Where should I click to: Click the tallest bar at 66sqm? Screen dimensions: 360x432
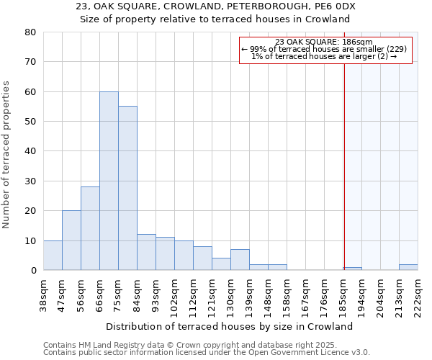[x=109, y=181]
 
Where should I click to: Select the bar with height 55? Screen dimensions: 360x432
[x=127, y=188]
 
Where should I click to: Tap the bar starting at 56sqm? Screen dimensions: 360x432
[x=90, y=228]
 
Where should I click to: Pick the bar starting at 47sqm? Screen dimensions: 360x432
[x=71, y=240]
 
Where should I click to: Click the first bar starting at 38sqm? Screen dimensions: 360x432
[x=53, y=256]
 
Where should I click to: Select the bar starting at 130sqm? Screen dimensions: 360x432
[x=240, y=260]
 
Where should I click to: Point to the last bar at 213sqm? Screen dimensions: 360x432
[x=408, y=267]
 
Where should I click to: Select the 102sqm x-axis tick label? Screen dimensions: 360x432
[x=174, y=294]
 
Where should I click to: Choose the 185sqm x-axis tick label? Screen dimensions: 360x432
[x=343, y=294]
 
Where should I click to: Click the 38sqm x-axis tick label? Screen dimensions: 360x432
[x=43, y=294]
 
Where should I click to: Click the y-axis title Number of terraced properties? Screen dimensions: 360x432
[x=6, y=154]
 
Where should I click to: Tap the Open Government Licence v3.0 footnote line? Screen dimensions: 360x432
[x=207, y=353]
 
